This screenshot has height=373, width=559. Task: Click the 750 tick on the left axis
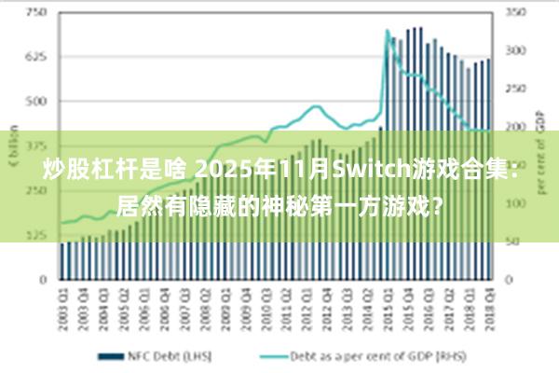click(36, 13)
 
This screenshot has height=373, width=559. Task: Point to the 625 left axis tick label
click(36, 57)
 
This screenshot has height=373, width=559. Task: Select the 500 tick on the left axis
click(36, 101)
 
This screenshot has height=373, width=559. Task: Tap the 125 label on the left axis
click(36, 234)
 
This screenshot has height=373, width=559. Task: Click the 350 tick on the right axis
click(515, 13)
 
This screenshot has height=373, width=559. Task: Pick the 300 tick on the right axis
click(515, 51)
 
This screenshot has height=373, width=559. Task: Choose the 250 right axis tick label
click(515, 90)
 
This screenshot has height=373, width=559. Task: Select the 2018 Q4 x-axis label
click(487, 305)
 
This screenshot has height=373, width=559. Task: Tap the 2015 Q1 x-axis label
click(387, 305)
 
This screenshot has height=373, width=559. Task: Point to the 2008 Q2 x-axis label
click(206, 305)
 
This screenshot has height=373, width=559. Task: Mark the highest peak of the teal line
click(388, 31)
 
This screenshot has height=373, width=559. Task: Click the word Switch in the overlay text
click(370, 171)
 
